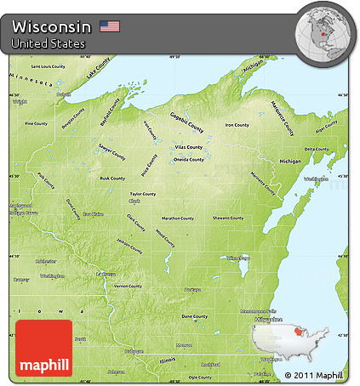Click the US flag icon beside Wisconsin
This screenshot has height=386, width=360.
[110, 26]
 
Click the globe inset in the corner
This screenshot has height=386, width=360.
[326, 33]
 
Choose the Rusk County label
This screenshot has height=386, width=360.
[112, 179]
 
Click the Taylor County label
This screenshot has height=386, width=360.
[142, 194]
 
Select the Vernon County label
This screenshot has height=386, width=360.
[128, 287]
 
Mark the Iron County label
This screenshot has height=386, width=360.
[237, 125]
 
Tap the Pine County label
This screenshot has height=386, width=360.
[36, 123]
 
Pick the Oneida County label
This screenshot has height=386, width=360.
[190, 159]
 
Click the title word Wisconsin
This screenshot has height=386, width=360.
[52, 26]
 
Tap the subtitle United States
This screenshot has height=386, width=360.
[49, 43]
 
